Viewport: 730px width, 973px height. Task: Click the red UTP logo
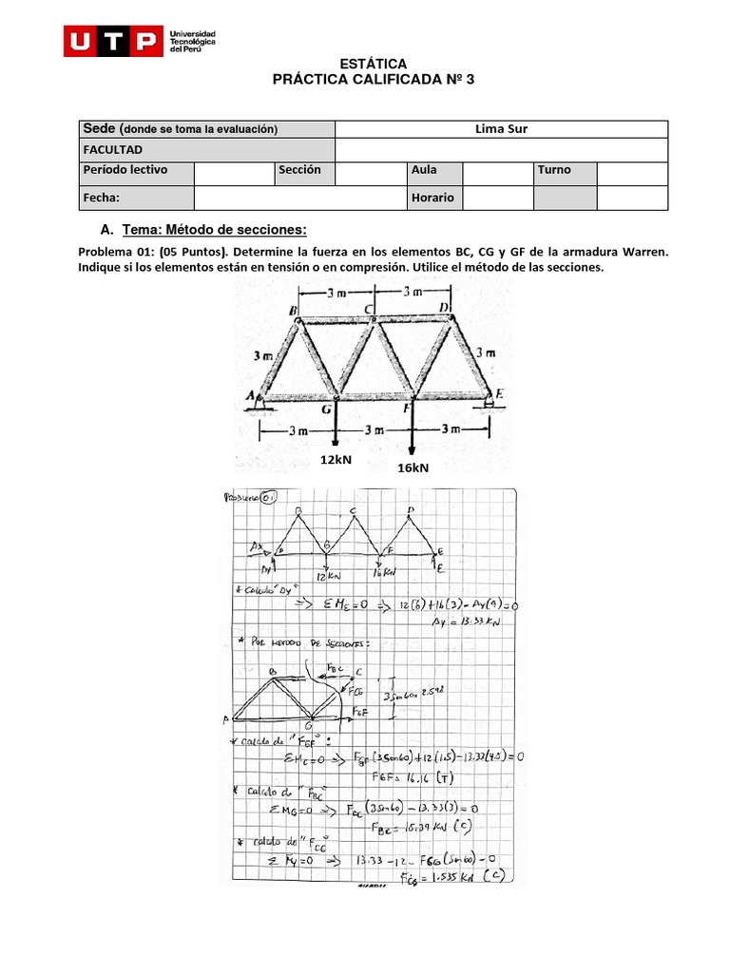(112, 41)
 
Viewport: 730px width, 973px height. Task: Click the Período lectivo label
(125, 170)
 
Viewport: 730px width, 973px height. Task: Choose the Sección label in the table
(299, 170)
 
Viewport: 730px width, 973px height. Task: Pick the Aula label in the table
(424, 170)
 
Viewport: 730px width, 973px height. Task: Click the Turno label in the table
(554, 170)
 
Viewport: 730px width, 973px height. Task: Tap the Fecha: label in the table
(103, 198)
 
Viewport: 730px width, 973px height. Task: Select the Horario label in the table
(432, 198)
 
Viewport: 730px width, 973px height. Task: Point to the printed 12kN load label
(335, 459)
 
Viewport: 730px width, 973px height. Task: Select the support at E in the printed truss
(490, 401)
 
